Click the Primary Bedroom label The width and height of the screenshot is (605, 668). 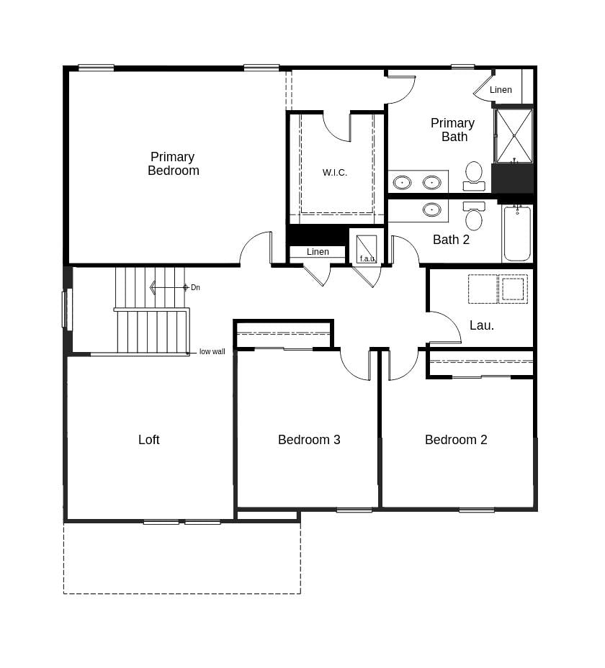pos(173,164)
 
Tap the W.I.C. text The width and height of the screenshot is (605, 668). pos(335,173)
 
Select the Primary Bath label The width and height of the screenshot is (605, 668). pos(453,130)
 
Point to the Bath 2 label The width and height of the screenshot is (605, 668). pos(451,240)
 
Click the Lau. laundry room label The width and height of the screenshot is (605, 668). pos(482,325)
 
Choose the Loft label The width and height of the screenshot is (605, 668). pos(149,440)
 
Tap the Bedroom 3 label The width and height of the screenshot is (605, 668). pos(309,440)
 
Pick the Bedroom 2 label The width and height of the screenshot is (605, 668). pos(456,440)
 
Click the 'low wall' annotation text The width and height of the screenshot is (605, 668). pos(212,352)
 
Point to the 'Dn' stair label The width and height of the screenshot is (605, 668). pos(195,288)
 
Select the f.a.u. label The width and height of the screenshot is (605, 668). pos(367,258)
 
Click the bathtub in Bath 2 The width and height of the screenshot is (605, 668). pos(517,234)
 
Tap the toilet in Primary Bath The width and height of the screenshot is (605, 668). pos(474,175)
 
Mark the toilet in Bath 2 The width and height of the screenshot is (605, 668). pos(474,217)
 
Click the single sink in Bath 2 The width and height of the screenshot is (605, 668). pos(432,209)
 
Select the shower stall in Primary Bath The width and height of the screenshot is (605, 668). pos(514,135)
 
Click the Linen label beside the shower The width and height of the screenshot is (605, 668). pos(501,90)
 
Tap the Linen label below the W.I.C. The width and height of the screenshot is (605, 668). pos(318,252)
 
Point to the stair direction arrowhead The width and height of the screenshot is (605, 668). pos(153,288)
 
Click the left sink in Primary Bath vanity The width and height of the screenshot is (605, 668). pos(402,182)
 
